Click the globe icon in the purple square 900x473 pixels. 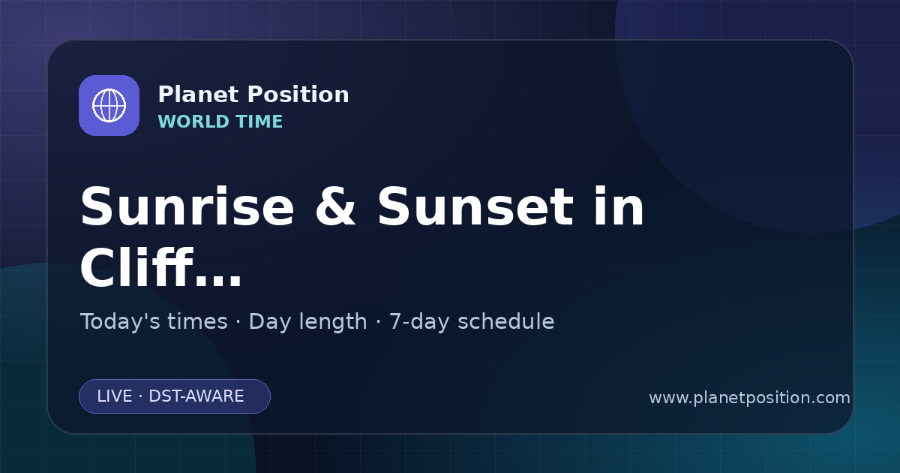[109, 105]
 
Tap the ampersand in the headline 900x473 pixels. [335, 206]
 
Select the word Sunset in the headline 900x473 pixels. [475, 206]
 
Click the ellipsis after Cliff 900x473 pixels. [218, 280]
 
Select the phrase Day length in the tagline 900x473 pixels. [307, 322]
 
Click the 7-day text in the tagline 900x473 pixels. [419, 322]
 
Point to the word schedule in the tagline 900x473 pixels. [506, 321]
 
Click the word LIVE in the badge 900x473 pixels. [115, 396]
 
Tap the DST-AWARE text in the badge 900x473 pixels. [196, 396]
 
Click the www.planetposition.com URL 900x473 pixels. [749, 398]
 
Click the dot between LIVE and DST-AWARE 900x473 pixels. [140, 396]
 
